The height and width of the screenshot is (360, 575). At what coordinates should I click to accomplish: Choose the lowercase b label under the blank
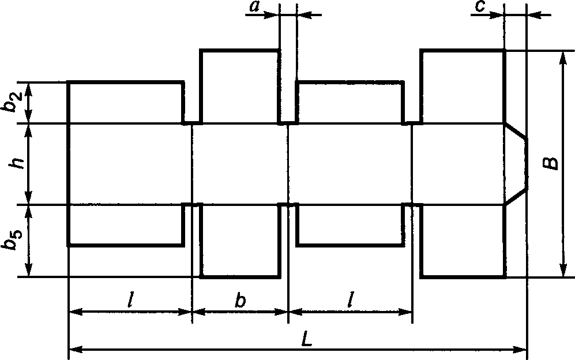point(240,301)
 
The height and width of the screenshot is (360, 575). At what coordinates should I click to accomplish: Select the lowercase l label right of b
point(350,300)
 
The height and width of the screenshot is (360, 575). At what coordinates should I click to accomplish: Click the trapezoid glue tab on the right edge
point(516,164)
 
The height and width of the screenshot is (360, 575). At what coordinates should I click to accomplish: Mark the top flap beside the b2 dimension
point(125,103)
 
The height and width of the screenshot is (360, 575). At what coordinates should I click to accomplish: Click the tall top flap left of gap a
point(240,87)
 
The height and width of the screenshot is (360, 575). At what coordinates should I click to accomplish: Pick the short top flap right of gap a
point(349,103)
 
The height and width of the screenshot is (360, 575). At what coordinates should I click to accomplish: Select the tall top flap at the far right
point(463,87)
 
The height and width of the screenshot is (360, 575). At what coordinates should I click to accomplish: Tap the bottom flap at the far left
point(125,225)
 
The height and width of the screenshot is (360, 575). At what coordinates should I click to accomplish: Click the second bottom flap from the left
point(240,241)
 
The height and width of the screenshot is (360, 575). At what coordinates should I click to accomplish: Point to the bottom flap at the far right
point(463,241)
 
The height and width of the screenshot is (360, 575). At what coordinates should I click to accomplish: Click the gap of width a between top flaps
point(288,87)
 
